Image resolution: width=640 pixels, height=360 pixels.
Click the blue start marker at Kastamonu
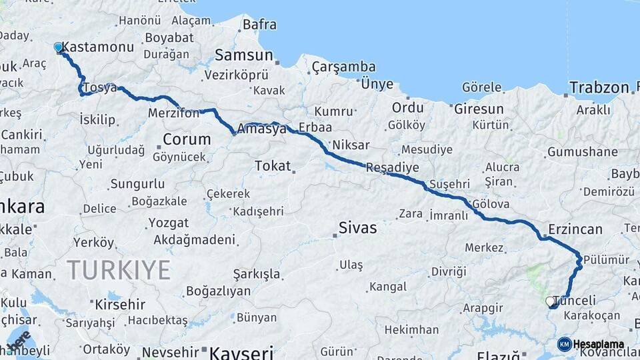tap(59, 47)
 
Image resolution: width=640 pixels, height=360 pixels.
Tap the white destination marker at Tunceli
tap(550, 302)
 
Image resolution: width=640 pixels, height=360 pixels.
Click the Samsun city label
tap(244, 55)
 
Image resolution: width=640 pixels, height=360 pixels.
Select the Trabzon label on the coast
tap(599, 87)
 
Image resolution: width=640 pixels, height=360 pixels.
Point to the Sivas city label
tap(357, 228)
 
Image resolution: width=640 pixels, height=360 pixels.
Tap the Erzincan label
tap(575, 229)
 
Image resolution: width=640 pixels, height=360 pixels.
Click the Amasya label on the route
tap(265, 128)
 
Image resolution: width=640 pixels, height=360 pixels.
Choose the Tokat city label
tap(273, 166)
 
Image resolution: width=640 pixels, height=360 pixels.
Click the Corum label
tap(187, 140)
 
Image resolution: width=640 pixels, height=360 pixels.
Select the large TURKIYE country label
tap(118, 270)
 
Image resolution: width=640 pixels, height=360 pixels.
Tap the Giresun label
tap(479, 109)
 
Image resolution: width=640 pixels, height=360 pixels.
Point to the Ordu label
tap(407, 107)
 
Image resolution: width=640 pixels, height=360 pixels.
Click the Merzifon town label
tap(173, 113)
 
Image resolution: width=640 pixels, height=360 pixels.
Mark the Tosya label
tap(100, 88)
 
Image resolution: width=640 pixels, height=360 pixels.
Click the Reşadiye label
tap(393, 168)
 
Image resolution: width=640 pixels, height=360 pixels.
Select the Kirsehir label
tap(120, 304)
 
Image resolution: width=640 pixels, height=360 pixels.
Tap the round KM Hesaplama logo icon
tap(564, 344)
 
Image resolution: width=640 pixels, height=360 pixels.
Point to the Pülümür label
tap(607, 260)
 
